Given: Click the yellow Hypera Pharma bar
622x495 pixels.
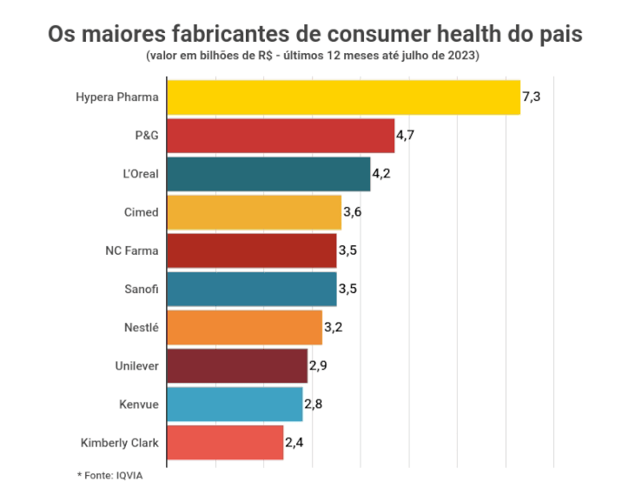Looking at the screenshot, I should [343, 97].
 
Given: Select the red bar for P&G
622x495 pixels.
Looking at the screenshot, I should [280, 136].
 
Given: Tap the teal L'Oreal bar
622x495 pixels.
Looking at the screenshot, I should [268, 174].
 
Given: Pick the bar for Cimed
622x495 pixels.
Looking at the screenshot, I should [254, 212].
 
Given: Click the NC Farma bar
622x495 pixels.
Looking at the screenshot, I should [251, 251].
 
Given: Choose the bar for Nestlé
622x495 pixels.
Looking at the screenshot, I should [244, 327].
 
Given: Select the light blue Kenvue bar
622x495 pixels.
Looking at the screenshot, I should [235, 404].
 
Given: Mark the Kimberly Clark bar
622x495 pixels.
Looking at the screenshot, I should [225, 442].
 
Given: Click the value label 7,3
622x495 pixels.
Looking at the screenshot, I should [532, 97].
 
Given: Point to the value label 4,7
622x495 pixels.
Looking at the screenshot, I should [406, 136].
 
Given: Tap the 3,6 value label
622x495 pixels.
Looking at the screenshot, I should [352, 212].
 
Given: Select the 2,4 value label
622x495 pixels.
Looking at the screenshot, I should [294, 442].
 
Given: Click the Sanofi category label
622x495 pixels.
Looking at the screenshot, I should [142, 289].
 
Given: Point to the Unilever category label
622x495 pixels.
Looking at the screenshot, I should [137, 365].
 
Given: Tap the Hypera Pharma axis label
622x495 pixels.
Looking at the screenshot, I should [116, 97].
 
